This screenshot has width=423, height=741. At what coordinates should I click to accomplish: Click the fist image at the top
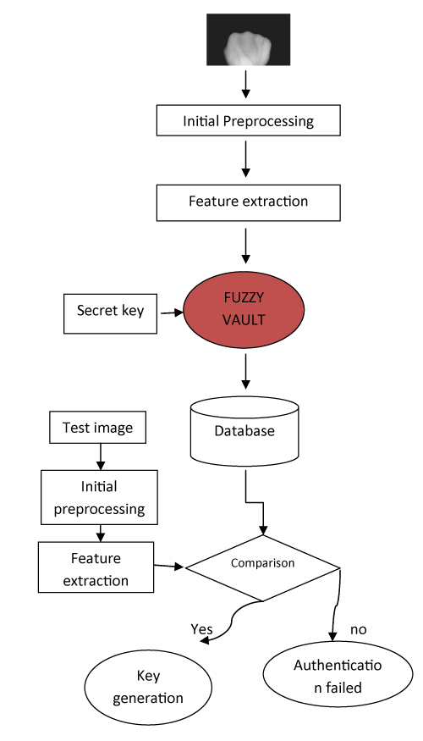[x=249, y=39]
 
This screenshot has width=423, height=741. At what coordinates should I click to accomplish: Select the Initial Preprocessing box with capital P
[x=249, y=120]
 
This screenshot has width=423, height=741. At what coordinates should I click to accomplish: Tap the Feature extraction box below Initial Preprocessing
[x=249, y=202]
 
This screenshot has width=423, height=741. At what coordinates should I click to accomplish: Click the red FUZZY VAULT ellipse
[x=244, y=309]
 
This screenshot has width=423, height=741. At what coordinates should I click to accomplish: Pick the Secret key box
[x=111, y=313]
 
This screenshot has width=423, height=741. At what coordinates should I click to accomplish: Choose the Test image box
[x=98, y=427]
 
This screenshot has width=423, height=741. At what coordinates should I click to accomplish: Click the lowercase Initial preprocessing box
[x=99, y=497]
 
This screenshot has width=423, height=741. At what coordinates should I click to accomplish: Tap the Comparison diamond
[x=262, y=567]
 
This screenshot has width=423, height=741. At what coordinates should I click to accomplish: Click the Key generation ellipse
[x=148, y=687]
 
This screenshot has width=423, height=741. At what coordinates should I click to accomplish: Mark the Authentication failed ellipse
[x=338, y=674]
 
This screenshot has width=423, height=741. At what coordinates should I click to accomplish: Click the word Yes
[x=201, y=629]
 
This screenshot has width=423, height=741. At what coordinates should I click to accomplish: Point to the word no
[x=359, y=629]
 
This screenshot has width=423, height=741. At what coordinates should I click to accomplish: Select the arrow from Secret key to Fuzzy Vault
[x=172, y=312]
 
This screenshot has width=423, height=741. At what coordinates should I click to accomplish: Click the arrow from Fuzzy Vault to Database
[x=245, y=372]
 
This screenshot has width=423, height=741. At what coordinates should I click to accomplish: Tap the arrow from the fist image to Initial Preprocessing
[x=245, y=85]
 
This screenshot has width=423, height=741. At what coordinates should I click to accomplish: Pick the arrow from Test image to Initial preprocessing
[x=100, y=456]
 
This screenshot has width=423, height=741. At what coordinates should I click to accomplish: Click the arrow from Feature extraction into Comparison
[x=169, y=566]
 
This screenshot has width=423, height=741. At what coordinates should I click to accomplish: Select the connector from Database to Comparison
[x=255, y=502]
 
